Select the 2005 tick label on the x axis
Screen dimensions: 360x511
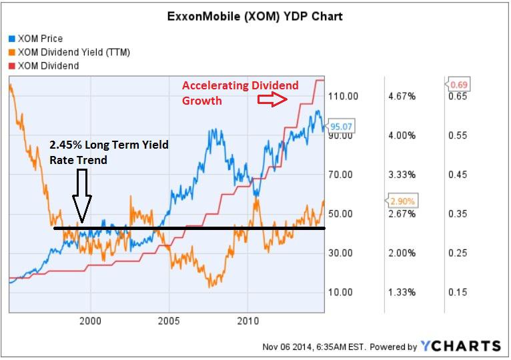pos(169,320)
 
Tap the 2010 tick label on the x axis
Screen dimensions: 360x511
pos(247,320)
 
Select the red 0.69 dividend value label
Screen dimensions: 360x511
pos(458,85)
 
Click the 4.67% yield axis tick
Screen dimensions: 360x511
pos(402,97)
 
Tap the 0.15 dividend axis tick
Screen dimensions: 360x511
pos(456,292)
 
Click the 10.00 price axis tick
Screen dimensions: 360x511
pos(347,292)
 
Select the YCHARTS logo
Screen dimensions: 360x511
pos(460,345)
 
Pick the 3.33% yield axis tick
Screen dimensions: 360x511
pos(402,175)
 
